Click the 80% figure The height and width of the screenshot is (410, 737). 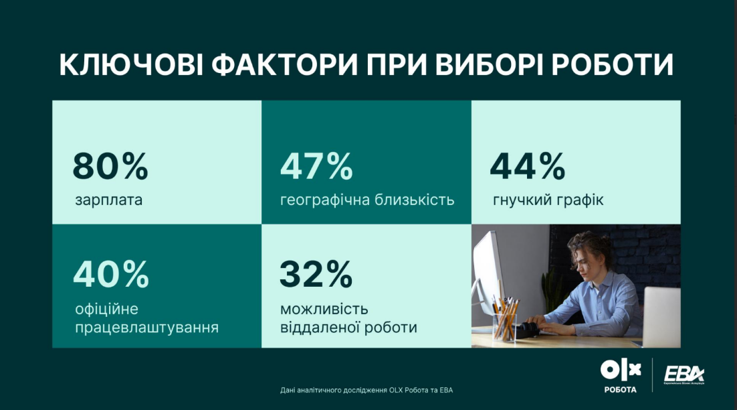tap(110, 167)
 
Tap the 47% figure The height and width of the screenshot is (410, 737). tap(316, 167)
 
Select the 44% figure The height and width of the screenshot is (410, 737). tap(527, 167)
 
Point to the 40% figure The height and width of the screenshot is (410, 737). tap(111, 273)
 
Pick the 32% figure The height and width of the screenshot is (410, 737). tap(316, 273)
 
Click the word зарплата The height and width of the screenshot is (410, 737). tap(109, 200)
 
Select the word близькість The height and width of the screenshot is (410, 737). tap(414, 200)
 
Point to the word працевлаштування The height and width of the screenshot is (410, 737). tap(147, 328)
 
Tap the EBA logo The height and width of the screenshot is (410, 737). tap(683, 375)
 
